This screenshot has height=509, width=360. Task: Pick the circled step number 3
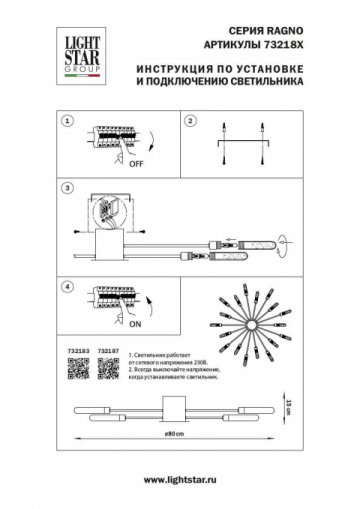click(66, 188)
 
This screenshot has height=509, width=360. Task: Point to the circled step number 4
click(66, 287)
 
